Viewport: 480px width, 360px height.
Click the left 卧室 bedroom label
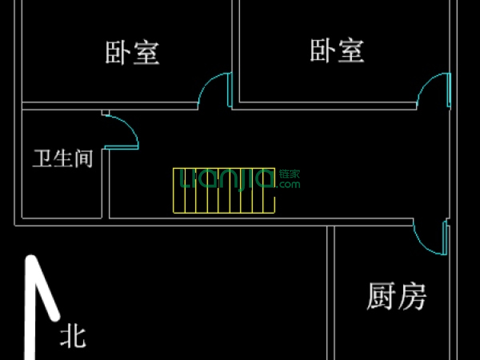132,52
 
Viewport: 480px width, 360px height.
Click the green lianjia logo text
227,179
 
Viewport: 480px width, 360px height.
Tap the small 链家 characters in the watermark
289,174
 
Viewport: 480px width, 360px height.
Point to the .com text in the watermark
289,184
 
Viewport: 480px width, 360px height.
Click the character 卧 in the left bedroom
118,52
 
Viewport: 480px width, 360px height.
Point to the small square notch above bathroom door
105,113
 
